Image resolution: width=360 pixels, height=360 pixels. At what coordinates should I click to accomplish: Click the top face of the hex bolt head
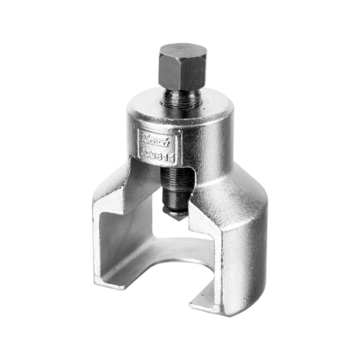click(182, 53)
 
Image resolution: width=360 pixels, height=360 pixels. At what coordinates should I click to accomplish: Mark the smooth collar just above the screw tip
click(176, 206)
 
